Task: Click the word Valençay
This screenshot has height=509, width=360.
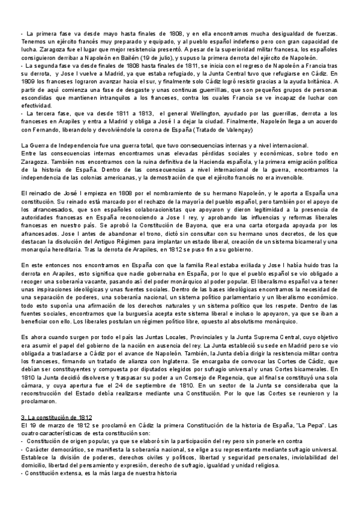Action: click(235, 130)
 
